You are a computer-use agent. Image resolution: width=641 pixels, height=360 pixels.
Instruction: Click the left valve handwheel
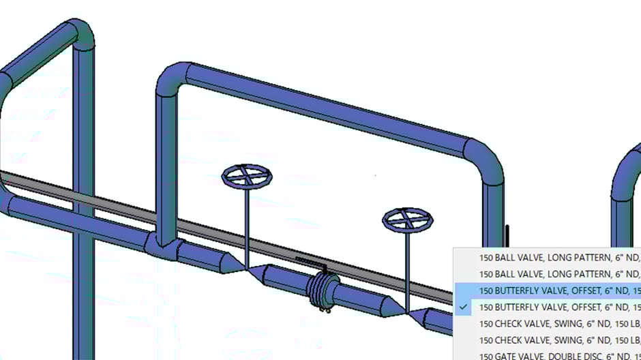click(x=247, y=177)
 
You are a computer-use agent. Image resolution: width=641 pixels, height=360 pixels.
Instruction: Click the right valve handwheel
click(x=407, y=219)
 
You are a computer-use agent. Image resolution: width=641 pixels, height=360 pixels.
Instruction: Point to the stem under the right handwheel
click(x=407, y=266)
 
